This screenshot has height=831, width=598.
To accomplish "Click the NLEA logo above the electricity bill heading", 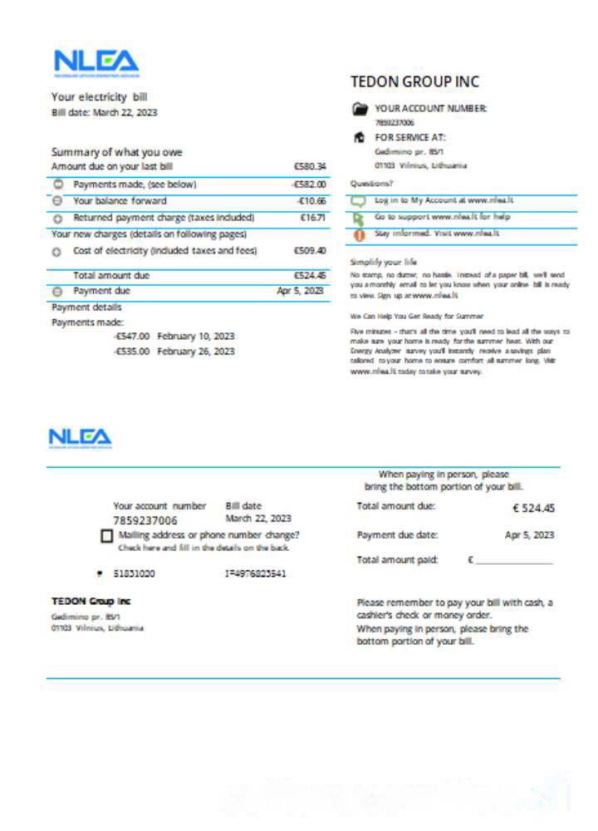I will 96,61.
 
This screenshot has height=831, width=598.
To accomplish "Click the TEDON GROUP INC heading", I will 414,81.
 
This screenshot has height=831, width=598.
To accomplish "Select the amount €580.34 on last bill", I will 310,166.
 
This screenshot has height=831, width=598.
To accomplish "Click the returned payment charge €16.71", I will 312,218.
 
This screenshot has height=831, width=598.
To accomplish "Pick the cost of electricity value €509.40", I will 310,250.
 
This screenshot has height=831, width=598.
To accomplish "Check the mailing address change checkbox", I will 106,537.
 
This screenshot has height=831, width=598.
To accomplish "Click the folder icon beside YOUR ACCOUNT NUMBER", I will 360,109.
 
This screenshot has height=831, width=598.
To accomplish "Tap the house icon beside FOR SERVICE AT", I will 360,137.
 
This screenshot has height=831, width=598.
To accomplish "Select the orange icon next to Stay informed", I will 360,234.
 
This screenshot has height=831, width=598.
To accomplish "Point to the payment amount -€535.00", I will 132,352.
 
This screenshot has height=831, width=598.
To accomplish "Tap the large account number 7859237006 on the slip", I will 145,521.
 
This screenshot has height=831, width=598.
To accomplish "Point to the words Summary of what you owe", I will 116,152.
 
